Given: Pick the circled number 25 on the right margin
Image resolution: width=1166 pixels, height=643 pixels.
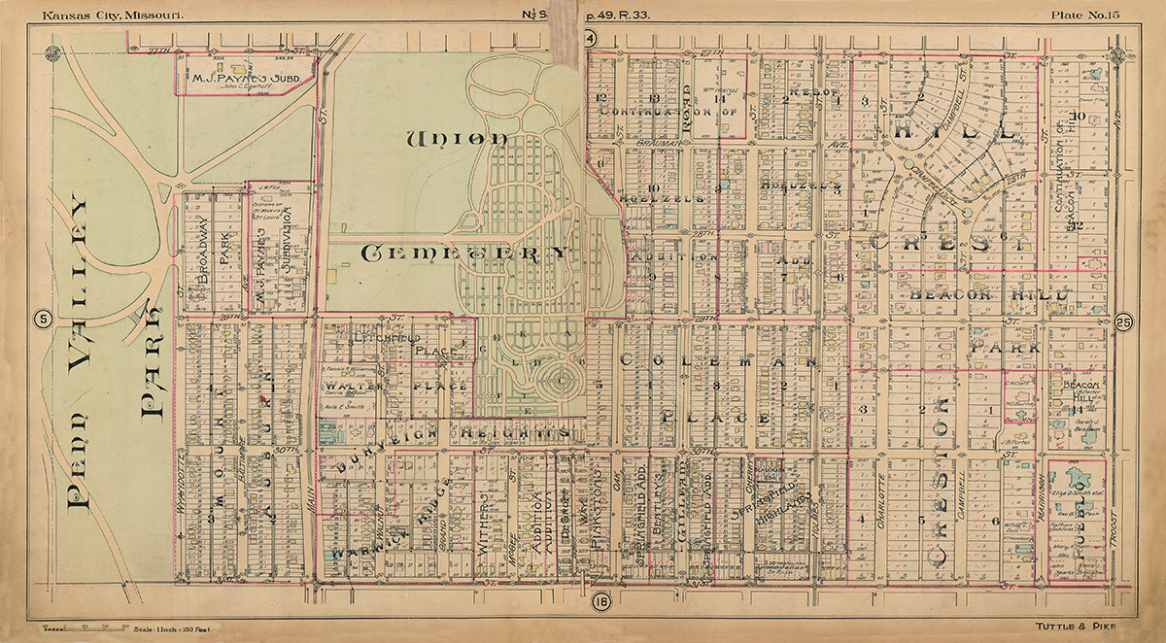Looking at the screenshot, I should coord(1123,322).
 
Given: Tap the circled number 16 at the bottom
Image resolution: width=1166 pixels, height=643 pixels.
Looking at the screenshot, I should coord(600,602).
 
